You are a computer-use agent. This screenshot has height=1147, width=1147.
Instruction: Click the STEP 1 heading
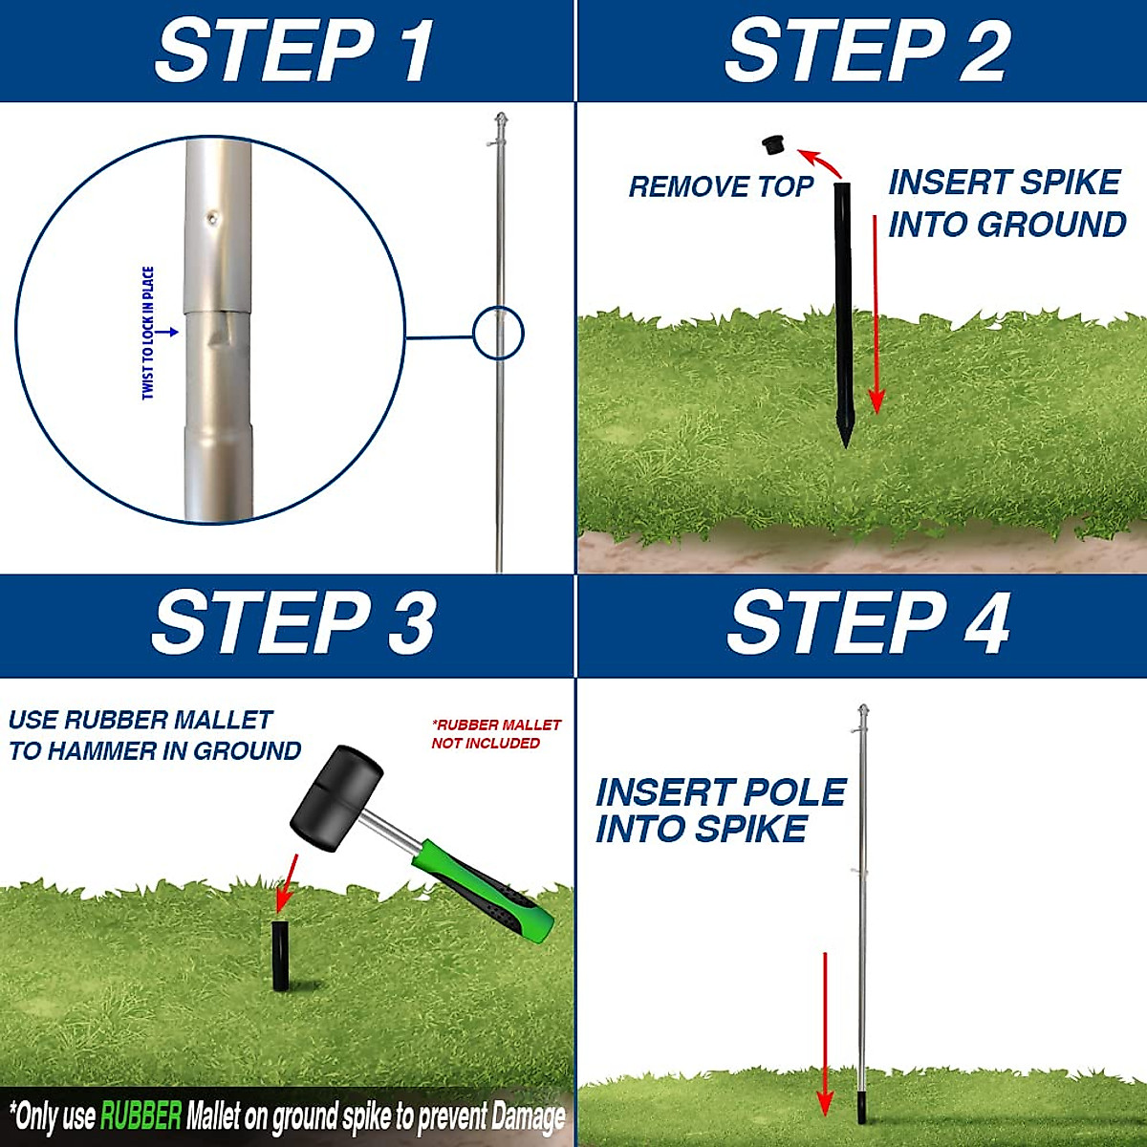point(294,52)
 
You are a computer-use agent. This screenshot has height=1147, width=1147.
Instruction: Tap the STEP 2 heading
point(867,52)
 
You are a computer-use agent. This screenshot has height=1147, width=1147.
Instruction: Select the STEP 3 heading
point(293,623)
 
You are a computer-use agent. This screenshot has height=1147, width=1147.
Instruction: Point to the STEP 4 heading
point(868,623)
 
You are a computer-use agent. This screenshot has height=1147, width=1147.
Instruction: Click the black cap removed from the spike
point(773,145)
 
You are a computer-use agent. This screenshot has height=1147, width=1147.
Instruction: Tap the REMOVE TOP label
point(721,186)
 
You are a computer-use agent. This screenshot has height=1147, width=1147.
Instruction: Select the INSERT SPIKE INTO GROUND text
point(1006,204)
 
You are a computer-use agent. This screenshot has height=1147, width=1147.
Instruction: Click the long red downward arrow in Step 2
point(876,315)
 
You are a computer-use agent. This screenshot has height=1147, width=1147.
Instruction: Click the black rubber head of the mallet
point(335,797)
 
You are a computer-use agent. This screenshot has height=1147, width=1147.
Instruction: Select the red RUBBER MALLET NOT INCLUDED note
point(495,734)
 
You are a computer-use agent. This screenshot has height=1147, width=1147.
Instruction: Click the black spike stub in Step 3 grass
point(280,955)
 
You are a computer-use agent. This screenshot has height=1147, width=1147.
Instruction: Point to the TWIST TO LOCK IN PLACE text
point(148,333)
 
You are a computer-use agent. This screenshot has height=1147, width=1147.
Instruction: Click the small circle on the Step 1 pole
point(498,334)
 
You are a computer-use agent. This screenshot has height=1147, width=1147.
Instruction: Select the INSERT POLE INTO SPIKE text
point(719,811)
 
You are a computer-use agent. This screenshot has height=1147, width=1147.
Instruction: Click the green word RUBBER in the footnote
point(141,1115)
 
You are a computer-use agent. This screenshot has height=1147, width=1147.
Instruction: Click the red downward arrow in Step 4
point(825,1032)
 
